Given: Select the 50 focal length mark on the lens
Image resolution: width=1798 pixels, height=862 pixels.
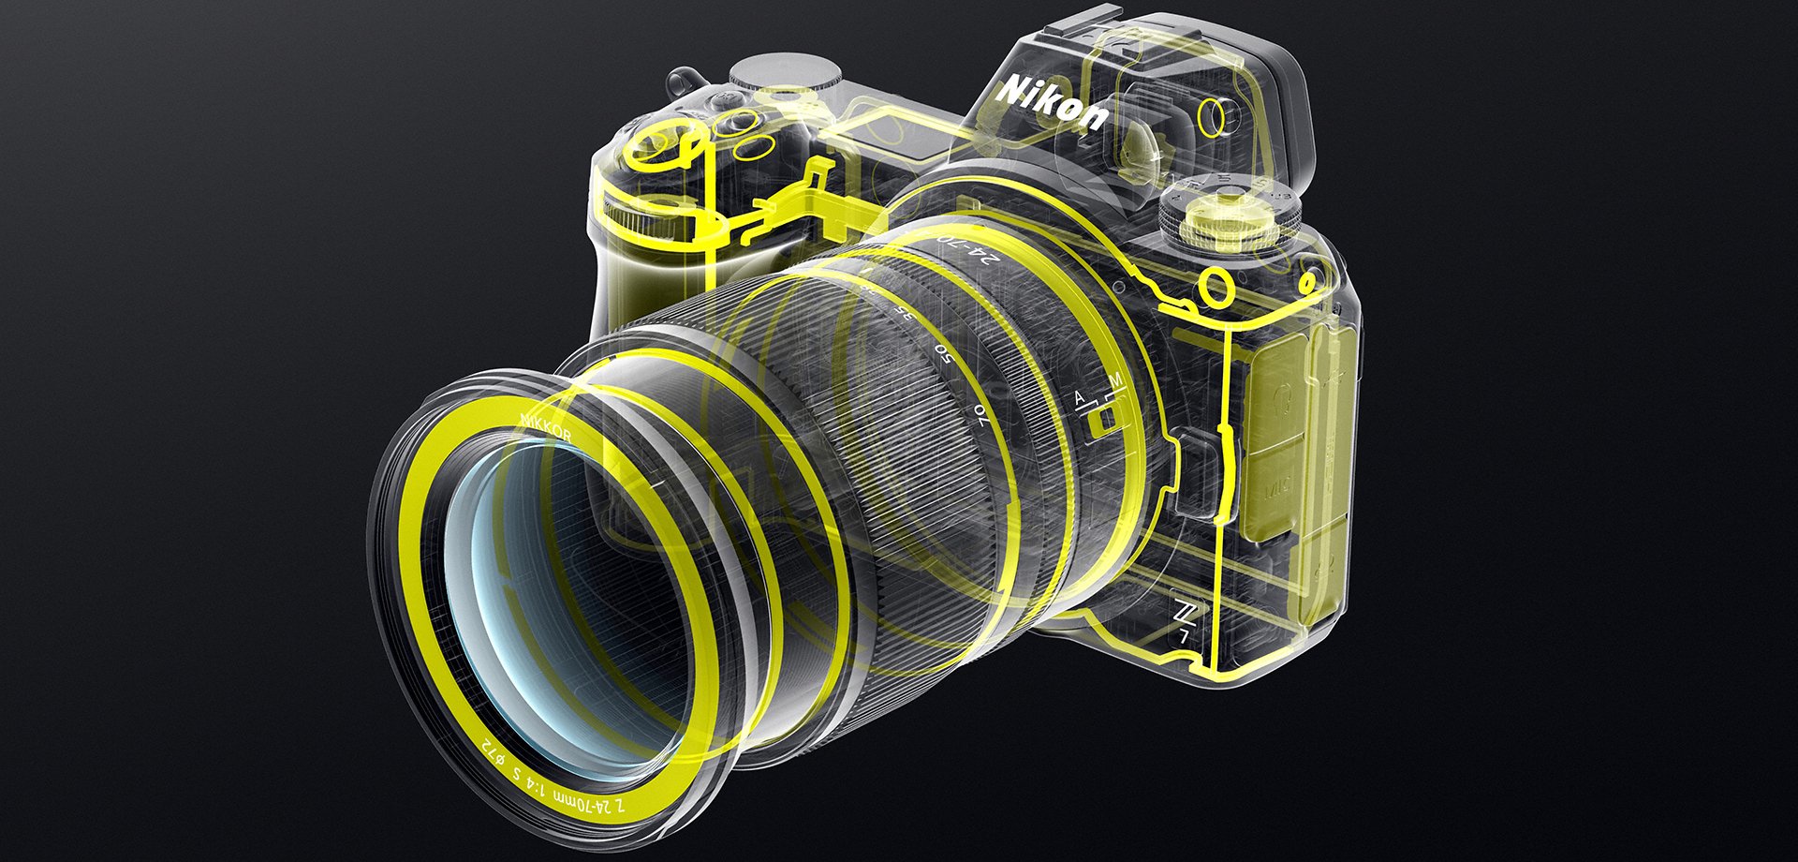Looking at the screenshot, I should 947,353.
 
